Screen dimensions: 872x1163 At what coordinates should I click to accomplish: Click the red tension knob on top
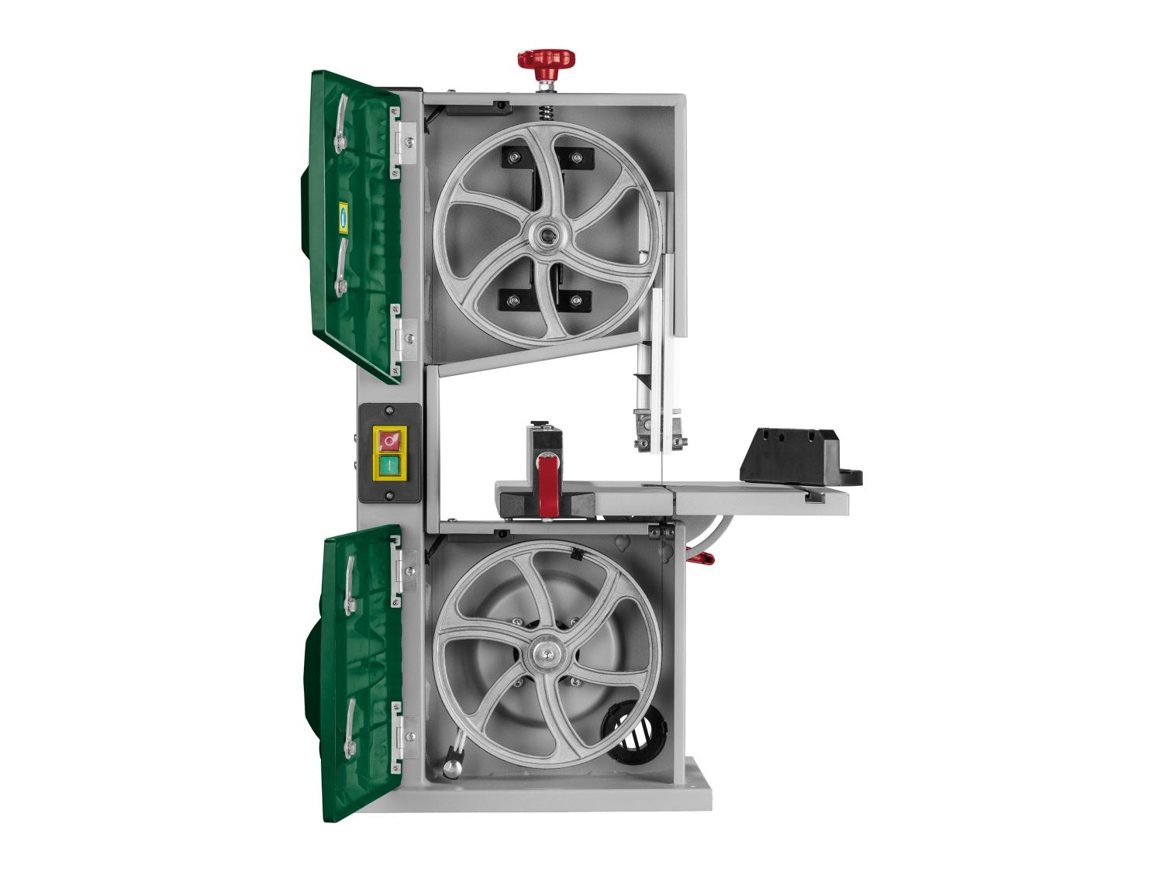(546, 60)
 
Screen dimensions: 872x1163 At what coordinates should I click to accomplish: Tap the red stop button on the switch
(389, 440)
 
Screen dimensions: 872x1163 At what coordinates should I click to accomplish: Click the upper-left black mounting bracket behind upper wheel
(514, 158)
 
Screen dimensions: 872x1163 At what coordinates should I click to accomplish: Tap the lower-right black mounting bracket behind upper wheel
(575, 299)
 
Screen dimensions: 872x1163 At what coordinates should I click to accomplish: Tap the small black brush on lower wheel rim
(576, 555)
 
